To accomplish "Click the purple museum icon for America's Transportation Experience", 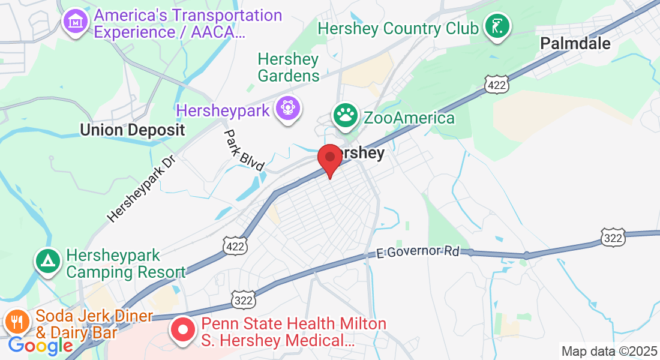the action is point(76,22).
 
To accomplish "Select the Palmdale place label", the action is point(575,43).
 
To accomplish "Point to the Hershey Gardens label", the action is point(289,67).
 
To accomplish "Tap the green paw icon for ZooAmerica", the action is point(346,116).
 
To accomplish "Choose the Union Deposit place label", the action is point(132,130).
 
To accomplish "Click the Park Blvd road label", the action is point(244,150).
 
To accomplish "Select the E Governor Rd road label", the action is point(418,251).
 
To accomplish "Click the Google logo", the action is point(40,346).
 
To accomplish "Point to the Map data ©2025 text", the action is point(608,351).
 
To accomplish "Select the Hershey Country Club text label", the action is point(398,28).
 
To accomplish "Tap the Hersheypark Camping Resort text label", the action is point(125,264).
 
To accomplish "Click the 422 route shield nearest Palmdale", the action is point(497,85).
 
